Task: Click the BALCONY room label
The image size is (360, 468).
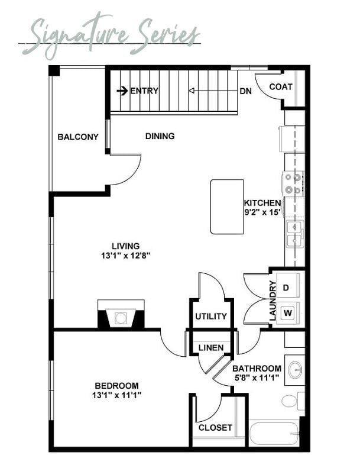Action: point(78,137)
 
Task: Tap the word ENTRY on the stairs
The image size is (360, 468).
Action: point(144,91)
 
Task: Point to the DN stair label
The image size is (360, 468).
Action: point(245,91)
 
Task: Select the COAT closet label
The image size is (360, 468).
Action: point(281,87)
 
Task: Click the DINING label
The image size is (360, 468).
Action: point(160,136)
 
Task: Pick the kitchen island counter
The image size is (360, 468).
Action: point(227,206)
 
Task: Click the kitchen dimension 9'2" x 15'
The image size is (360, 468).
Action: point(262,212)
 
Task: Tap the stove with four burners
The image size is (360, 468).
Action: point(293,183)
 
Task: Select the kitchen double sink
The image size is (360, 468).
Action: point(295,234)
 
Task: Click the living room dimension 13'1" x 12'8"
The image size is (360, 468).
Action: point(125,256)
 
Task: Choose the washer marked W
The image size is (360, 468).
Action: point(288,313)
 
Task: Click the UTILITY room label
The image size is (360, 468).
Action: point(211,317)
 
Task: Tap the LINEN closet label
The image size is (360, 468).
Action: point(211,348)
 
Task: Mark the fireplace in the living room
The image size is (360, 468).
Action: point(121,314)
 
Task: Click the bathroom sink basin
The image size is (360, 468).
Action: point(296,370)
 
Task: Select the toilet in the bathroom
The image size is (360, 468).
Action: point(292,401)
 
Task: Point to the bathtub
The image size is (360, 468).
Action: point(274,433)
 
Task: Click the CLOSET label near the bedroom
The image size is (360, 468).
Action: point(215,428)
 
